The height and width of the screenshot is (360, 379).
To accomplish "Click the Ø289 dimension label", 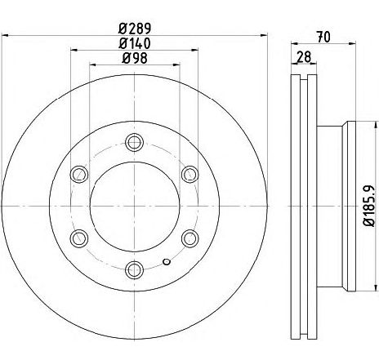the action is point(135,29).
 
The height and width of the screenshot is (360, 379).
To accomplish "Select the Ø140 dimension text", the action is point(135,43).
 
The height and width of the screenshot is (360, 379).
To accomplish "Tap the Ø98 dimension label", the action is point(135,58).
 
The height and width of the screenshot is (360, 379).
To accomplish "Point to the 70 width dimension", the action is point(323,37).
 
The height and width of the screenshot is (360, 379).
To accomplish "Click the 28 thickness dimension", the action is point(304,57).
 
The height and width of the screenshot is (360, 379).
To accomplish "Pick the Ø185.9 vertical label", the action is point(372,206).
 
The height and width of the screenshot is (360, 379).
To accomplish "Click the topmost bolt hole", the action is point(134,142).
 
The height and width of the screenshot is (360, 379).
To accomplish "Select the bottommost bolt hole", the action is point(134,269).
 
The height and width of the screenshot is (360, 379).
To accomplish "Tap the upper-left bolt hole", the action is point(79,174).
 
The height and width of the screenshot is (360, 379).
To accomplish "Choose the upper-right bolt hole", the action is point(189,174).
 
